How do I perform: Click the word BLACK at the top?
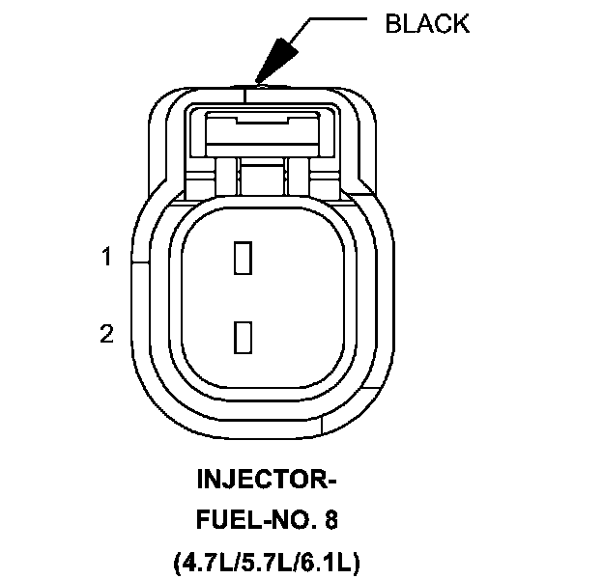coord(427,24)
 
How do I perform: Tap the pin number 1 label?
coord(108,257)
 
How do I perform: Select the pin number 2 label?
coord(107,334)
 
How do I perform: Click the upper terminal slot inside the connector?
coord(244,258)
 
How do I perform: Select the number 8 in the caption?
coord(332,521)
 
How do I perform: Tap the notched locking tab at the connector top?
coord(264,123)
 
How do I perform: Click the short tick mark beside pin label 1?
coord(137,259)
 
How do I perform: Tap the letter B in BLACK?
coord(393,24)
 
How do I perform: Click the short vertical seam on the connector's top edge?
coord(248,92)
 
